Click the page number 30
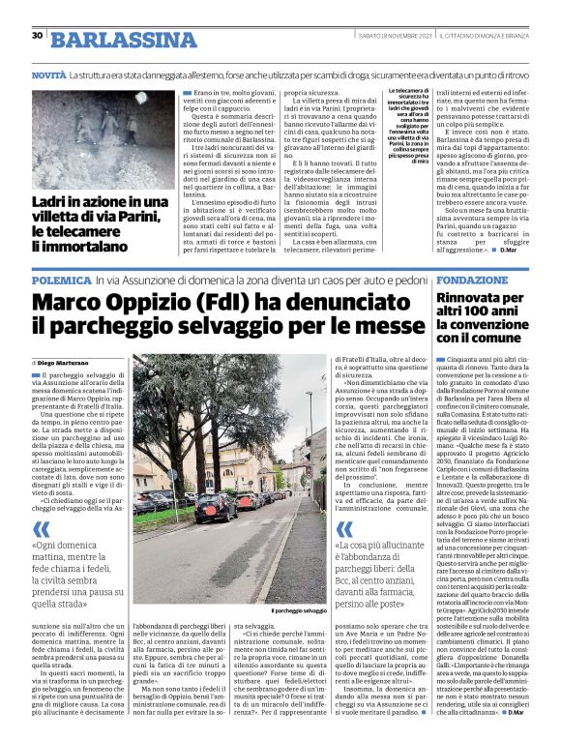[x=37, y=35]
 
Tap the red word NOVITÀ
[x=48, y=74]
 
